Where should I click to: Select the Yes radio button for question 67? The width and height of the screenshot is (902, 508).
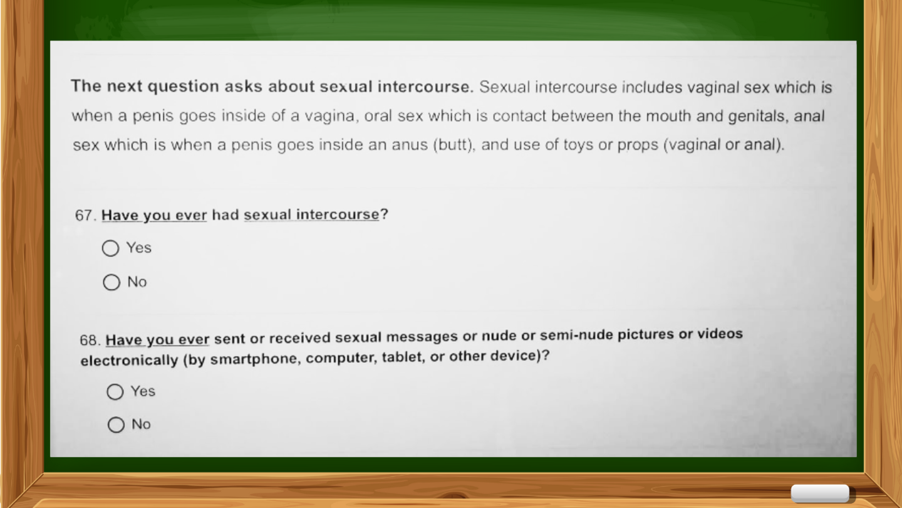click(x=110, y=248)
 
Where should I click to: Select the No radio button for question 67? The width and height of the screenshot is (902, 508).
click(x=111, y=282)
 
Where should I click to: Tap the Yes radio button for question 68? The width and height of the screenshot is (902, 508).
click(x=115, y=391)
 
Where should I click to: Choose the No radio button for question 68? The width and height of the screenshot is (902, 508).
click(x=116, y=425)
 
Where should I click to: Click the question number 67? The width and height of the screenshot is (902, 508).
click(x=86, y=215)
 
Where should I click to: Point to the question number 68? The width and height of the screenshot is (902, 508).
click(x=90, y=341)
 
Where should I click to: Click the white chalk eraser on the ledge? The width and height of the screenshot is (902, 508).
click(x=820, y=494)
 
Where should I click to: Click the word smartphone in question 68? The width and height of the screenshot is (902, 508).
click(x=254, y=359)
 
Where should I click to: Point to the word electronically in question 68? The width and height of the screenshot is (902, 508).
click(x=129, y=360)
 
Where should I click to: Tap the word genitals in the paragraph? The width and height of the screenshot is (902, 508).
click(x=759, y=117)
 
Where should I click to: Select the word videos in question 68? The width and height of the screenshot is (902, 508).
click(x=720, y=334)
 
